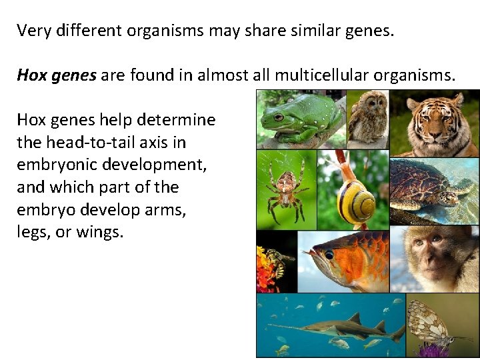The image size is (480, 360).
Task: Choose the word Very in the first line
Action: pos(32,30)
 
